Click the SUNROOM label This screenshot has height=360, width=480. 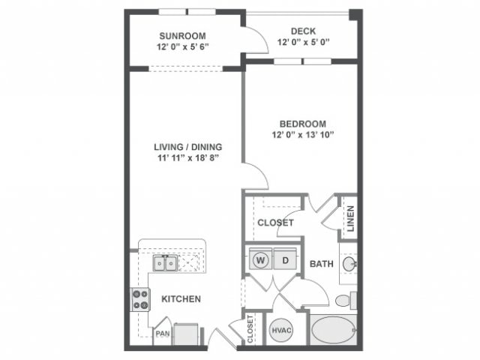[x=182, y=35]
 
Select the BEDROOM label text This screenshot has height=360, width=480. [x=303, y=124]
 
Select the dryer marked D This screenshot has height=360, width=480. [x=285, y=260]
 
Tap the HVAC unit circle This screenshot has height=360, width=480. [x=280, y=329]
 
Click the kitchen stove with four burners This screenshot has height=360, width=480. [x=141, y=300]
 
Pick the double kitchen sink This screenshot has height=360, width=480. [x=166, y=263]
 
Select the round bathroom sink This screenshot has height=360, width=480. [x=349, y=264]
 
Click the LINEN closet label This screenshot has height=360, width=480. [x=349, y=218]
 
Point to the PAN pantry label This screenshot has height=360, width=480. [x=163, y=334]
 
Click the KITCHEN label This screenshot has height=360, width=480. [x=181, y=299]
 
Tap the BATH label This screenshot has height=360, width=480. [x=321, y=264]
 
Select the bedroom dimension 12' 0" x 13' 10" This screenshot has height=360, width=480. [x=303, y=135]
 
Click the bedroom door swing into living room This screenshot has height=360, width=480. [x=257, y=178]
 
